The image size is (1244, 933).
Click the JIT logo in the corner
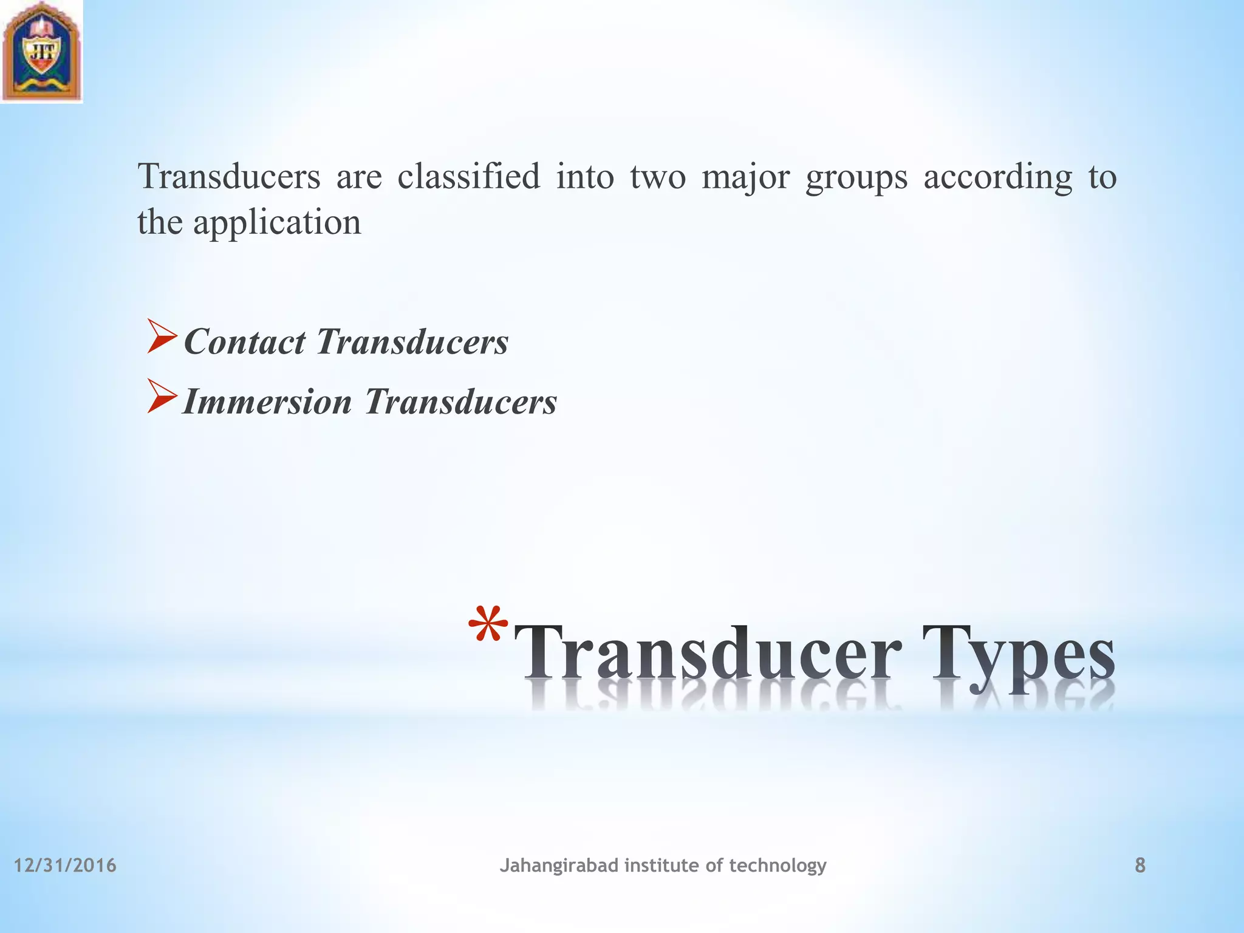click(41, 51)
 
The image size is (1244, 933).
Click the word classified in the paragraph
click(468, 177)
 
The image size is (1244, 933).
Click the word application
click(277, 223)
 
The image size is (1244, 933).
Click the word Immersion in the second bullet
click(267, 402)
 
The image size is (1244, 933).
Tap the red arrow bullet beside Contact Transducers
click(162, 340)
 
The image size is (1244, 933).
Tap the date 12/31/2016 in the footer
click(65, 865)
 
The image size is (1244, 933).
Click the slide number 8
click(1140, 865)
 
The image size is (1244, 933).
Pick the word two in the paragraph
click(657, 177)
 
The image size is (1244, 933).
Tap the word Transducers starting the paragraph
click(229, 177)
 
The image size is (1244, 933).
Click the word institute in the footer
click(661, 865)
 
